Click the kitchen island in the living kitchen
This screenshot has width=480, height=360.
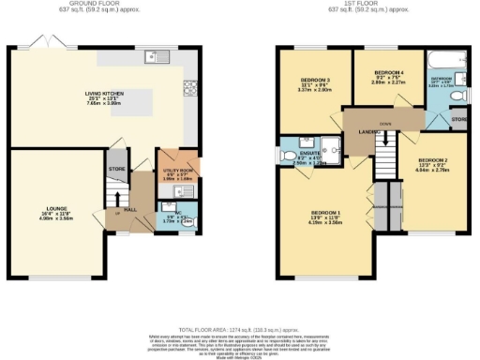[x=122, y=98]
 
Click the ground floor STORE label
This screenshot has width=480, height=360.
[x=117, y=170]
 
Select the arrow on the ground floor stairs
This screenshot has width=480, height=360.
[x=116, y=198]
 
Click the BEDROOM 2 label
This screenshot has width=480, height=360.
[x=433, y=162]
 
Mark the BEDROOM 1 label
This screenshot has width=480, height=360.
[x=326, y=214]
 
